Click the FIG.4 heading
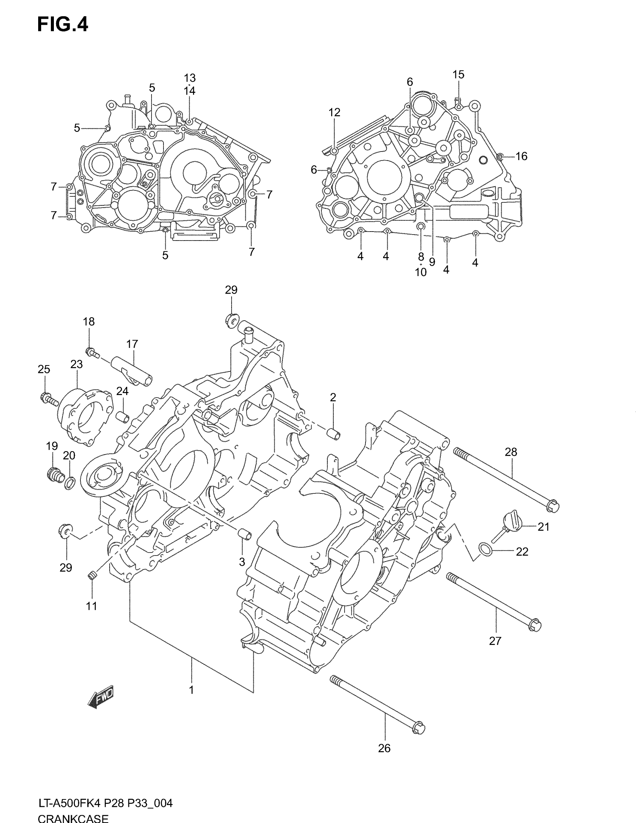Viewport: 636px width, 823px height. click(62, 25)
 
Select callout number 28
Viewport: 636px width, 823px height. click(511, 452)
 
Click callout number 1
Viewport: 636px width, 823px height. click(192, 690)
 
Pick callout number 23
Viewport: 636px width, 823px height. click(76, 364)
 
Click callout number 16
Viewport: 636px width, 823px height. click(521, 156)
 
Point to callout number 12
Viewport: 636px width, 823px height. click(334, 112)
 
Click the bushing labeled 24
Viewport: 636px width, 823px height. click(122, 417)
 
